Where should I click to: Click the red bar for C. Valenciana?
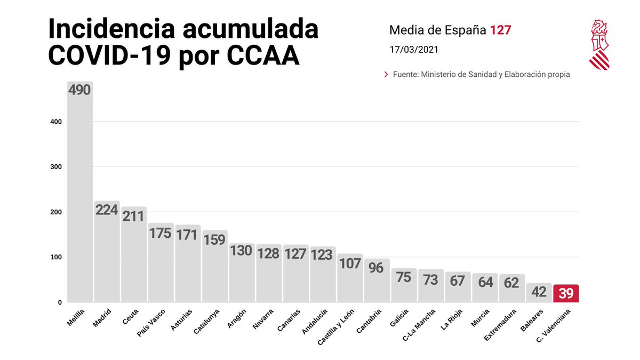click(566, 293)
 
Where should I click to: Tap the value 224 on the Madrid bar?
click(107, 210)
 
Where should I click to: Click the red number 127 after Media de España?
click(501, 30)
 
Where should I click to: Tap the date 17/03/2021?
click(414, 50)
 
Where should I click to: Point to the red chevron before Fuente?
click(386, 75)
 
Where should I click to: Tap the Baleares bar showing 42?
click(539, 293)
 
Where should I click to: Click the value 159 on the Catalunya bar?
click(215, 240)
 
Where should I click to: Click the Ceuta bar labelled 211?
click(134, 256)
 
